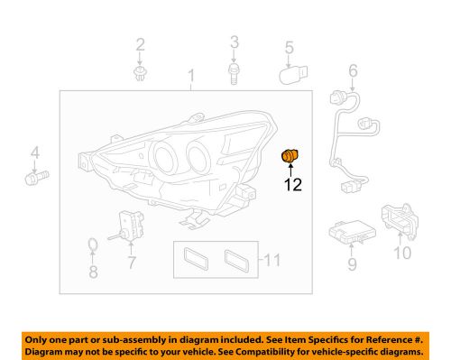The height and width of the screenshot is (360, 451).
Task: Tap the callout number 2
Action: click(140, 44)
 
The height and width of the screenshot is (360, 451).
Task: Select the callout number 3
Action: click(234, 42)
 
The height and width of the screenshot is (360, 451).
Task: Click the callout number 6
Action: click(353, 69)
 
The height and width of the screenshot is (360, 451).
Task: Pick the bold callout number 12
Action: click(290, 188)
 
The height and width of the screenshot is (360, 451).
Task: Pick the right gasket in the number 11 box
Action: click(238, 261)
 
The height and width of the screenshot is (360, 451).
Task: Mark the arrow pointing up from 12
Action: click(290, 171)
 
